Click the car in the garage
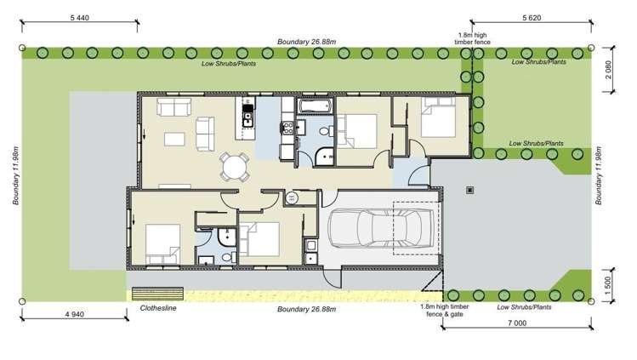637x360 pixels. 381,228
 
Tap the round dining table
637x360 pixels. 235,167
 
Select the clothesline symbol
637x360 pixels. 157,294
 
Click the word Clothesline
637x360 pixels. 158,308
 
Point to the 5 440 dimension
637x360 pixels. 80,18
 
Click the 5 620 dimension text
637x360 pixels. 532,18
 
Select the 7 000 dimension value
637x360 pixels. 517,323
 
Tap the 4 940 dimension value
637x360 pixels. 75,314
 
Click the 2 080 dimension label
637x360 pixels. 608,70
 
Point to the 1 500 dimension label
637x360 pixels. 608,286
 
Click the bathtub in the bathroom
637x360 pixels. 316,106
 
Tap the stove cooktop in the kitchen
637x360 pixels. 288,128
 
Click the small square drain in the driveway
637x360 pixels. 470,190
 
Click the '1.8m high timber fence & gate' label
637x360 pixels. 445,311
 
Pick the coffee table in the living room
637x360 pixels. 174,140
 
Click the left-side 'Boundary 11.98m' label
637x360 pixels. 16,175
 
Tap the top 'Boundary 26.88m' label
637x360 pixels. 307,42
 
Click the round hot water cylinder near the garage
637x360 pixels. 291,198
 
